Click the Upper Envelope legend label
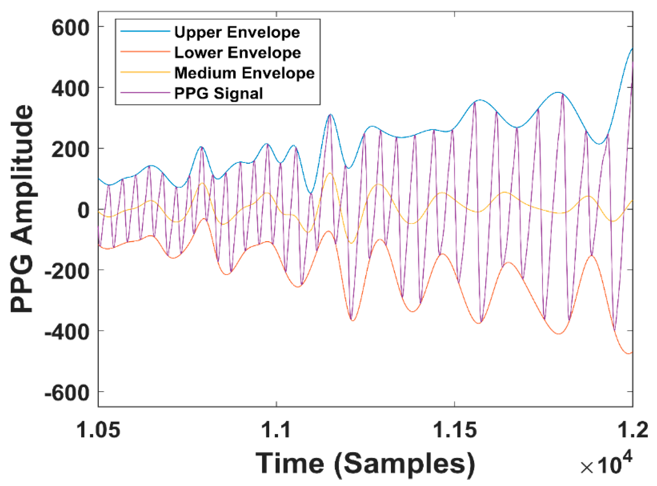tap(237, 32)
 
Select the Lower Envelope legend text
tap(238, 53)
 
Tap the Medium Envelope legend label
tap(244, 73)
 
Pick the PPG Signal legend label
tap(218, 93)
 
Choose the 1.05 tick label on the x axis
tap(98, 430)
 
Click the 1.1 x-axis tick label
tap(276, 430)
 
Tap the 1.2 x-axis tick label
tap(632, 430)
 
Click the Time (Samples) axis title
tap(365, 464)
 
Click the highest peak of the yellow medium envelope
tap(330, 173)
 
